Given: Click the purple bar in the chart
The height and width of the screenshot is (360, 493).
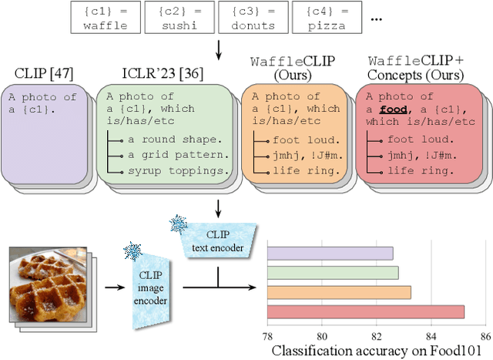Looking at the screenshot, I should [330, 253].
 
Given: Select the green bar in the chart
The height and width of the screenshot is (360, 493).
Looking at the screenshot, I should [333, 273].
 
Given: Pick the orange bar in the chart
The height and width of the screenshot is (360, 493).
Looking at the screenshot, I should [339, 292].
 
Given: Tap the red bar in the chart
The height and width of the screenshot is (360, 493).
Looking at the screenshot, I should [365, 311].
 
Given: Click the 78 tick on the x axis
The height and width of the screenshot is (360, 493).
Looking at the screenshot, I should [267, 335].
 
